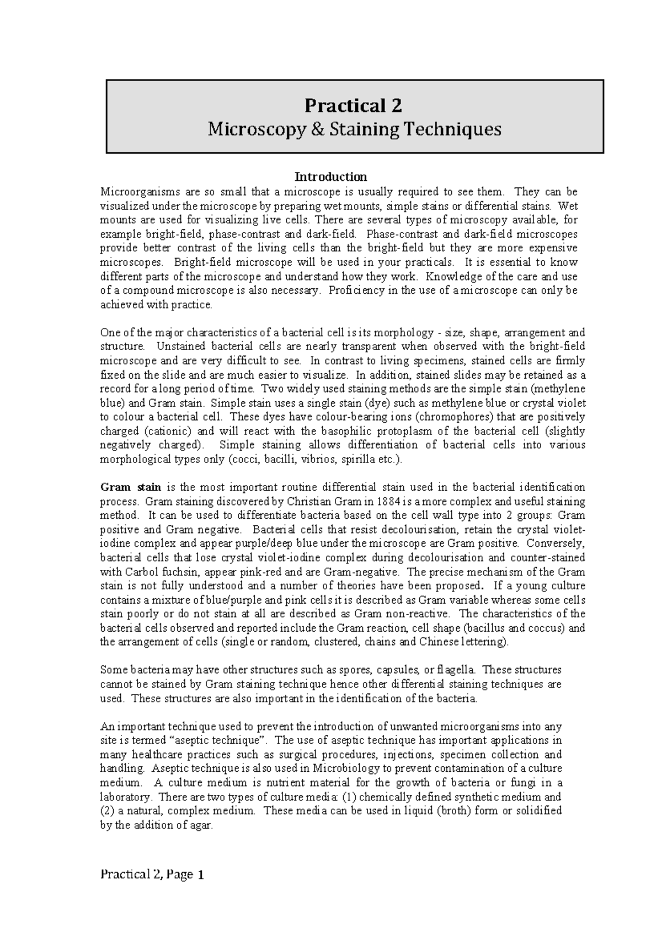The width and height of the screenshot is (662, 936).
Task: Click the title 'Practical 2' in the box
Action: (354, 105)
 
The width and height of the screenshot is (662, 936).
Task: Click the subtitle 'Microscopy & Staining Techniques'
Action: (354, 130)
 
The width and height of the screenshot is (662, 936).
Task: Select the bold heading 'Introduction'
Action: (330, 177)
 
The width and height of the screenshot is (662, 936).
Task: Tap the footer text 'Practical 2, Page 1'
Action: (152, 874)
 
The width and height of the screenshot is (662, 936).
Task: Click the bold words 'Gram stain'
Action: (130, 487)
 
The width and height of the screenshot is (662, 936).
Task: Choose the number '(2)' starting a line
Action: (106, 811)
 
